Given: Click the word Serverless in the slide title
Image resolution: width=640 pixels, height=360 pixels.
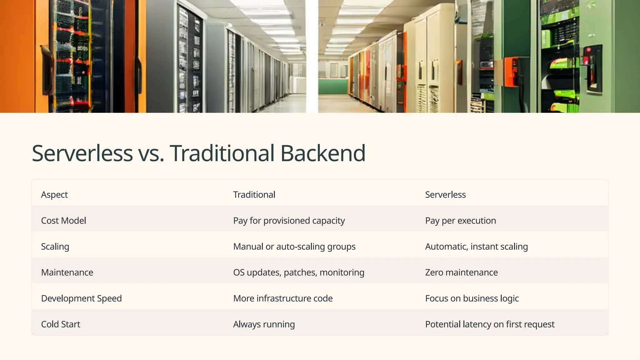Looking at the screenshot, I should click(82, 153).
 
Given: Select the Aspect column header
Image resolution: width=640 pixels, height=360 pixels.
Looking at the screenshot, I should click(54, 195).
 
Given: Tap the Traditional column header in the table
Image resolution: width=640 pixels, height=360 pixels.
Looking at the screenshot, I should click(254, 195).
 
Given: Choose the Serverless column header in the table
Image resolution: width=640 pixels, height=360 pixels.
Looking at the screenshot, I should click(445, 195).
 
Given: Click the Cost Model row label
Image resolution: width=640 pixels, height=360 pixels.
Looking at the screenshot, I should click(63, 221).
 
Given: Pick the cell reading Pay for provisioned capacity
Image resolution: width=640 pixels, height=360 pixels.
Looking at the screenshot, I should click(289, 221).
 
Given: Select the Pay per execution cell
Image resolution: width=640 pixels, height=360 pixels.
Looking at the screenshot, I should click(460, 221).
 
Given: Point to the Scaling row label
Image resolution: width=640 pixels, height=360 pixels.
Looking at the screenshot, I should click(55, 247).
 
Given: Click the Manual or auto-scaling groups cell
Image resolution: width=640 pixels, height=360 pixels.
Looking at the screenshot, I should click(294, 247).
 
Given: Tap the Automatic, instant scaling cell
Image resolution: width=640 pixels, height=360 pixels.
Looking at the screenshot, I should click(476, 247).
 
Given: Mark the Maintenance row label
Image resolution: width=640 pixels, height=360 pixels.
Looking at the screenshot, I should click(67, 272).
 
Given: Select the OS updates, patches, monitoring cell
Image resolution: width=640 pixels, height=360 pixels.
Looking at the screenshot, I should click(298, 272).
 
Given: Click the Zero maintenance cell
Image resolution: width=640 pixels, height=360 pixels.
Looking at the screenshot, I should click(461, 272).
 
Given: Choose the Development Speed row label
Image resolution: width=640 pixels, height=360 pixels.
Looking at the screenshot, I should click(81, 298).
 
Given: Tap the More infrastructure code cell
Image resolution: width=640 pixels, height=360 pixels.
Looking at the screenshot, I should click(282, 298).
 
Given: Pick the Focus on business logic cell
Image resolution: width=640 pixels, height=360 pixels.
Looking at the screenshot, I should click(472, 298).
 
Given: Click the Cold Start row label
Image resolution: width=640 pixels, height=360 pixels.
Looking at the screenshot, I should click(61, 324).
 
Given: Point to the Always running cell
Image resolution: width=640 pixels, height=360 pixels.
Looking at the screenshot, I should click(264, 324).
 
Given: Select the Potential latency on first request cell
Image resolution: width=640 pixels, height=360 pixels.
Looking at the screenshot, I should click(490, 324).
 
